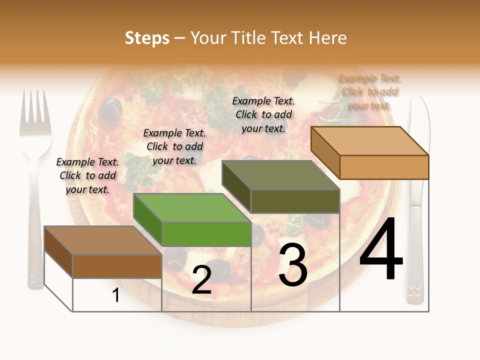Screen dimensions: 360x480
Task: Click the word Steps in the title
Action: point(147,38)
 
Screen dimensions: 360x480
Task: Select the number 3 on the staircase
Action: point(293,265)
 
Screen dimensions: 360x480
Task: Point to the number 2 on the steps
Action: point(201,280)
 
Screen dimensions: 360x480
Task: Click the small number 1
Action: point(116,295)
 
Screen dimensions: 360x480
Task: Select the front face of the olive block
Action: point(295,201)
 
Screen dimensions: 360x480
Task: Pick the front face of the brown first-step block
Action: point(117,266)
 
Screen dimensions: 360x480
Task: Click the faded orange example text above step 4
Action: point(369,92)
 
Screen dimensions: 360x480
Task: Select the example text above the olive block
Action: point(263,114)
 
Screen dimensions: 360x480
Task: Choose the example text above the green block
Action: point(174,146)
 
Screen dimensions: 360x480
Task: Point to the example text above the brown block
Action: point(87,175)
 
